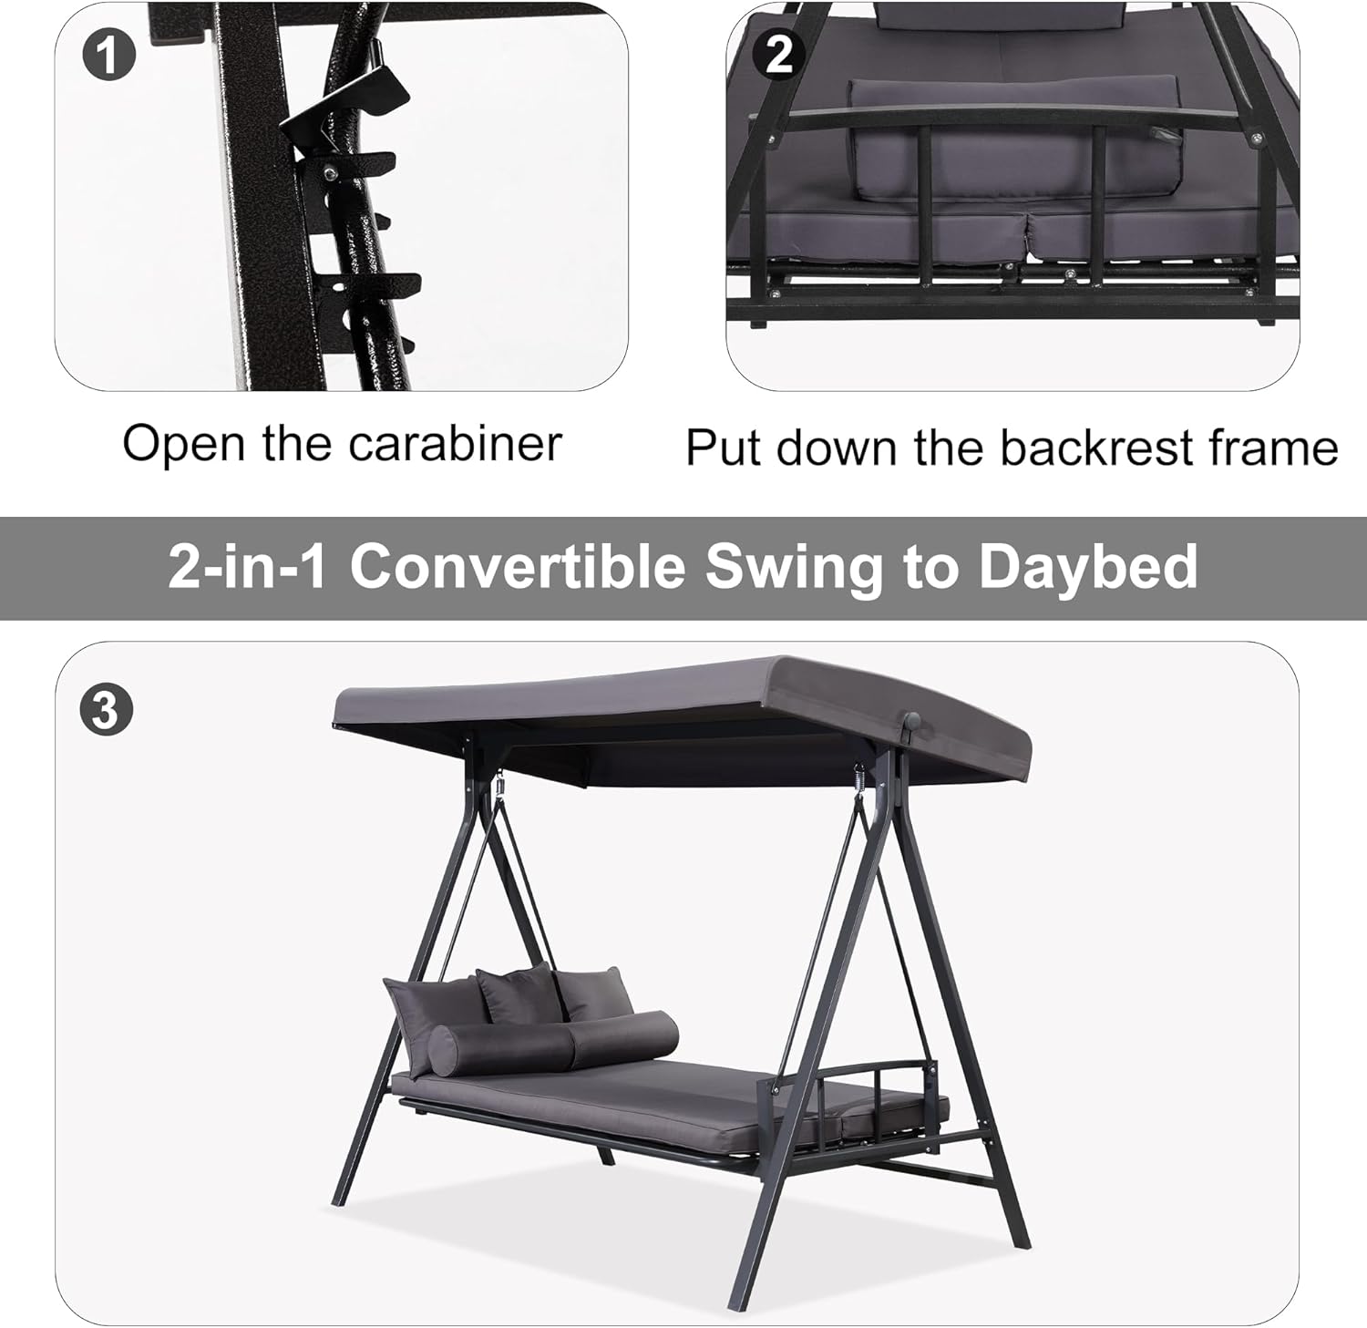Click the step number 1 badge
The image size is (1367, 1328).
[108, 55]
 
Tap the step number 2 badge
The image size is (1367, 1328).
[779, 55]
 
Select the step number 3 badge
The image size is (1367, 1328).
[106, 708]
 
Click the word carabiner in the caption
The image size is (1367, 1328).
[455, 444]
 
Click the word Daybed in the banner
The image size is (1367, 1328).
[1088, 567]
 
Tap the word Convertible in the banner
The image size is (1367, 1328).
[518, 566]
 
